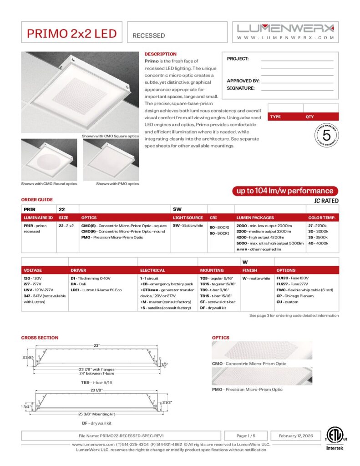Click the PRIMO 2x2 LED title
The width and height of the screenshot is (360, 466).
71,33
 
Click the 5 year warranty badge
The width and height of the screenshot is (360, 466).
326,136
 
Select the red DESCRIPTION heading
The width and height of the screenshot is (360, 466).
160,54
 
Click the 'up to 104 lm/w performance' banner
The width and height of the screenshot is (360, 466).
285,191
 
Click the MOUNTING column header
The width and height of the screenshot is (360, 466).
212,270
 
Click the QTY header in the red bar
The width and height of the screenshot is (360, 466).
310,116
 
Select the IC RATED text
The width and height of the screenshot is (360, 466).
326,201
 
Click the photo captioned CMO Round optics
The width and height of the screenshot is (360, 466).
49,160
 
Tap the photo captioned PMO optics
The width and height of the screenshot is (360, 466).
111,160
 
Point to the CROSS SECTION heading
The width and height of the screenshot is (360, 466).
40,338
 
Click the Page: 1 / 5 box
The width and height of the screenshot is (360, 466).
246,435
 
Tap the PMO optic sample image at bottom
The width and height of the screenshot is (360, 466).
262,376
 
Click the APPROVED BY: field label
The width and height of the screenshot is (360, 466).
243,81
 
